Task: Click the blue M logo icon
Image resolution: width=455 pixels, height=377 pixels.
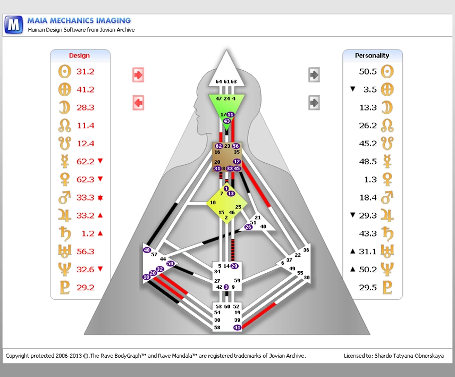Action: coord(15,24)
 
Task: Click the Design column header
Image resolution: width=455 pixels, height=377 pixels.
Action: coord(80,55)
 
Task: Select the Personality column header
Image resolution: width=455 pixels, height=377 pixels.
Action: coord(372,55)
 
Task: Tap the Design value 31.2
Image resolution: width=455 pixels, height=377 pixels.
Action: coord(85,71)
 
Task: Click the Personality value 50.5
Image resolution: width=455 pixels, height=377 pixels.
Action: coord(368,71)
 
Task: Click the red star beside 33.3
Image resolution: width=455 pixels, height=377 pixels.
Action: coord(100,198)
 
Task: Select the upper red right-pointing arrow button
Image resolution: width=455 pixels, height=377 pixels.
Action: coord(138,75)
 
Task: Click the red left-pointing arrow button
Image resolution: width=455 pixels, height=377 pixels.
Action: coord(138,102)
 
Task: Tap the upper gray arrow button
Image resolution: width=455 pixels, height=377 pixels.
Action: coord(314,75)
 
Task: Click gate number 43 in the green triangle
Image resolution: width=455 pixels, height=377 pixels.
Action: coord(227,121)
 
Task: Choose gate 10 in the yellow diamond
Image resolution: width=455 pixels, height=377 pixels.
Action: coord(213,203)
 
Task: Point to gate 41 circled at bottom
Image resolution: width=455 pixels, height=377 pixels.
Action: coord(237,328)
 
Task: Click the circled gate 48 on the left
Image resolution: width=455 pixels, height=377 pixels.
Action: coord(147,250)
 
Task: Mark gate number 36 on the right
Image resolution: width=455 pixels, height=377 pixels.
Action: coord(306,250)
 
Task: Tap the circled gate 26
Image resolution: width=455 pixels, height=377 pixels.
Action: coord(248,227)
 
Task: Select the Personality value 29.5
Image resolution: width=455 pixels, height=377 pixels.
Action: coord(368,287)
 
